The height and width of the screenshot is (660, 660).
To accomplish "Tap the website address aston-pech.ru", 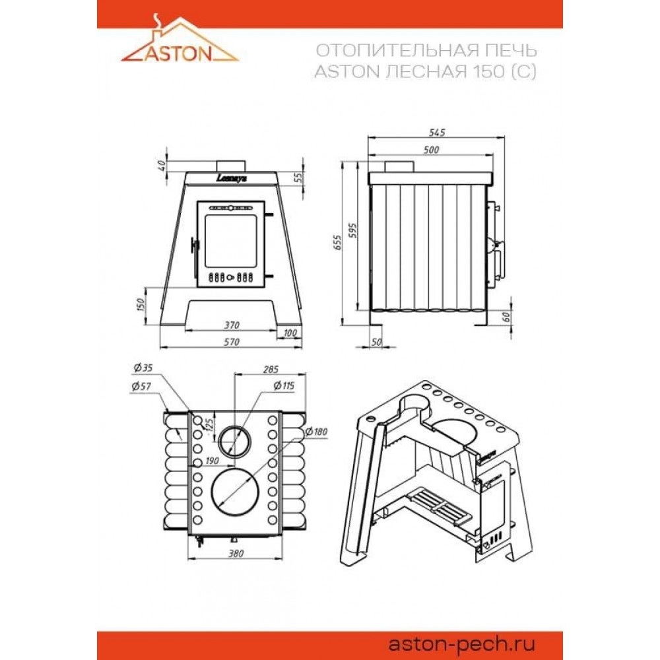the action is pyautogui.click(x=461, y=644).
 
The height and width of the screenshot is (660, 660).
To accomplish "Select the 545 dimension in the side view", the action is pyautogui.click(x=436, y=133).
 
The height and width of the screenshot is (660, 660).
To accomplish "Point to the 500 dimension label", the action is pyautogui.click(x=431, y=150).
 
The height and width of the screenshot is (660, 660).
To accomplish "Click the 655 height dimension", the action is pyautogui.click(x=338, y=242).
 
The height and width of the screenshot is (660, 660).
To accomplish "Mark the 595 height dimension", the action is pyautogui.click(x=352, y=230).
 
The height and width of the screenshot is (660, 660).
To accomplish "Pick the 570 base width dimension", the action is pyautogui.click(x=232, y=342).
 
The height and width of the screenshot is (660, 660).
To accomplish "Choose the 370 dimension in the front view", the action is pyautogui.click(x=232, y=325).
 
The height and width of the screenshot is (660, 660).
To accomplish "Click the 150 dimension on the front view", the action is pyautogui.click(x=141, y=305).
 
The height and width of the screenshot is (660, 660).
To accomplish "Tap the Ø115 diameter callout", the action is pyautogui.click(x=284, y=385).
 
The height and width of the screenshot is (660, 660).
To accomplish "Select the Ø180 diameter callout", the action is pyautogui.click(x=316, y=432).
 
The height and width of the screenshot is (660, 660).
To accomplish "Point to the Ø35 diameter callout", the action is pyautogui.click(x=143, y=368).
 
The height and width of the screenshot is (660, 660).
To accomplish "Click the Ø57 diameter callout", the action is pyautogui.click(x=141, y=386).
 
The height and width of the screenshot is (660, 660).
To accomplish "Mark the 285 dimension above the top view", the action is pyautogui.click(x=271, y=370).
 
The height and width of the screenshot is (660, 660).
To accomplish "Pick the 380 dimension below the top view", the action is pyautogui.click(x=236, y=554).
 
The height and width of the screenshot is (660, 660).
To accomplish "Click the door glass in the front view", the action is pyautogui.click(x=230, y=241).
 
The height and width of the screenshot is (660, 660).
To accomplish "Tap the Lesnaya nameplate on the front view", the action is pyautogui.click(x=232, y=178).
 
